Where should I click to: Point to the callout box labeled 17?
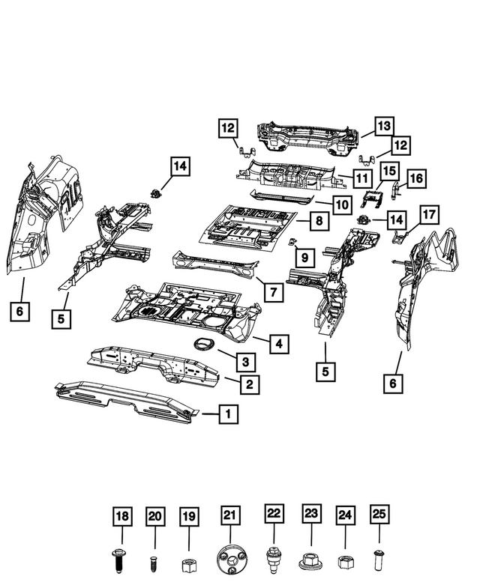pyautogui.click(x=427, y=214)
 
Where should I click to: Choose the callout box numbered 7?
pyautogui.click(x=273, y=291)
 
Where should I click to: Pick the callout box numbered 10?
pyautogui.click(x=342, y=204)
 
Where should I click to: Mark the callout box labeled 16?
pyautogui.click(x=416, y=178)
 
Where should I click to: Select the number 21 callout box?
pyautogui.click(x=231, y=516)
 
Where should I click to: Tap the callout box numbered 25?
pyautogui.click(x=379, y=516)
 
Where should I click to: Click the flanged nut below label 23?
pyautogui.click(x=310, y=560)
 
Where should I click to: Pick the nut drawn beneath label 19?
pyautogui.click(x=189, y=563)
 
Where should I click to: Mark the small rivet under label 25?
pyautogui.click(x=379, y=559)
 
